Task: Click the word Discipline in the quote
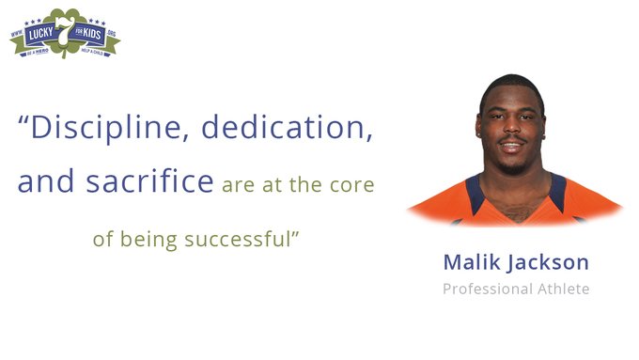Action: (99, 129)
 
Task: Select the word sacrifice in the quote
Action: (155, 181)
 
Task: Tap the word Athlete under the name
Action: (562, 288)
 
